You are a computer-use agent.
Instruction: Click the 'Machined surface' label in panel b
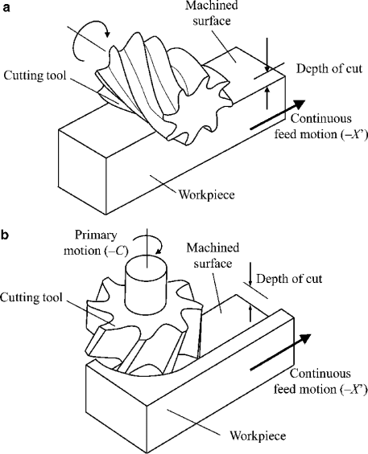tap(212, 257)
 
